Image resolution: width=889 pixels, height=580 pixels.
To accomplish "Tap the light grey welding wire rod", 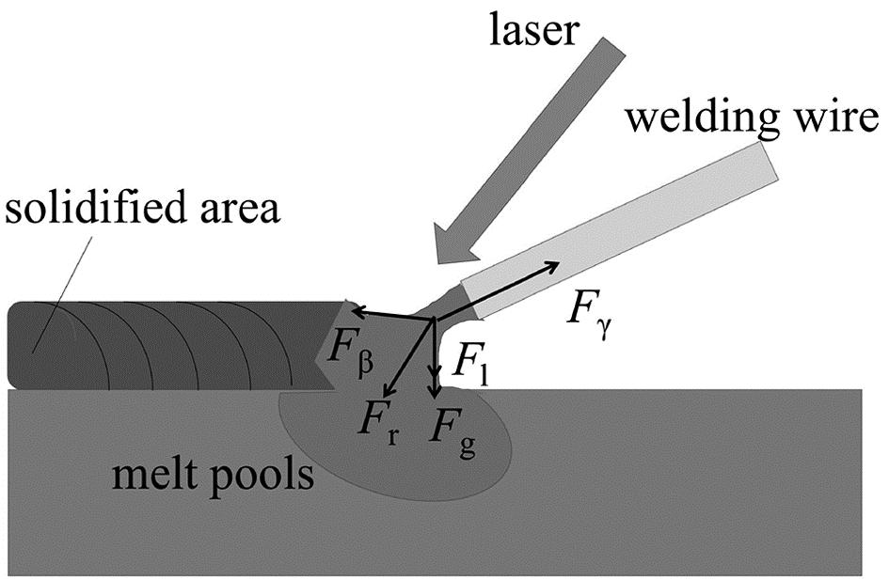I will tap(621, 229).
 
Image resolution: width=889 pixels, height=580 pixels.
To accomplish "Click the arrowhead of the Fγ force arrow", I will tap(554, 268).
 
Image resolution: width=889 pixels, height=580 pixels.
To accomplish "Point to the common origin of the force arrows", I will tap(433, 321).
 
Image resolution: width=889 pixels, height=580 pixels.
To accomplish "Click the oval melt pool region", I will tap(395, 451).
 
